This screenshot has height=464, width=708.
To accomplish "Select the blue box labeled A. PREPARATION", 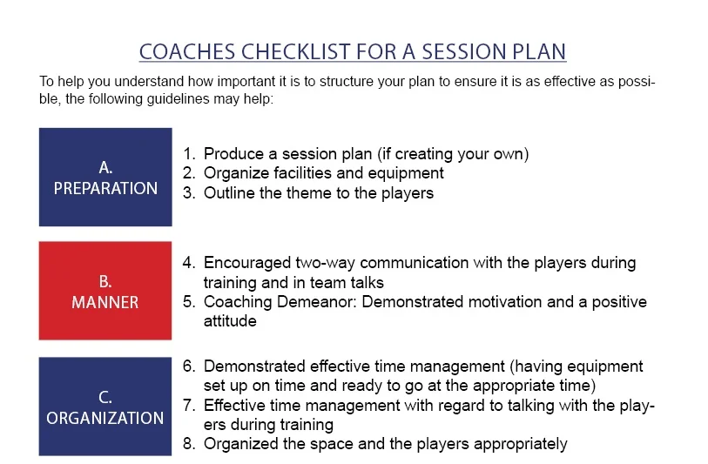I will (x=105, y=177).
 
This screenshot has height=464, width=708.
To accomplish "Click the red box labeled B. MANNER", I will (x=105, y=291).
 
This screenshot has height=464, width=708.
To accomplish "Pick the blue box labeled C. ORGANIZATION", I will (x=105, y=407).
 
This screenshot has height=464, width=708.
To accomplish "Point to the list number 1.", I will (x=188, y=154).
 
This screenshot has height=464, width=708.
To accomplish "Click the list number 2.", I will (x=188, y=173).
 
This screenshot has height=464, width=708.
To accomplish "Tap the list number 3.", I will (x=188, y=193).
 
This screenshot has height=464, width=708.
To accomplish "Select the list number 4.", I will (x=188, y=263).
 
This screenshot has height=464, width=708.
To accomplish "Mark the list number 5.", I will (x=188, y=302).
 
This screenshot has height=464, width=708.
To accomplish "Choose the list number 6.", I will (x=188, y=366).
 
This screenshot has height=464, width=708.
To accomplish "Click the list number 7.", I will (x=188, y=405).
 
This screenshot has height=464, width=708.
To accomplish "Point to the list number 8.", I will (x=188, y=444).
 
